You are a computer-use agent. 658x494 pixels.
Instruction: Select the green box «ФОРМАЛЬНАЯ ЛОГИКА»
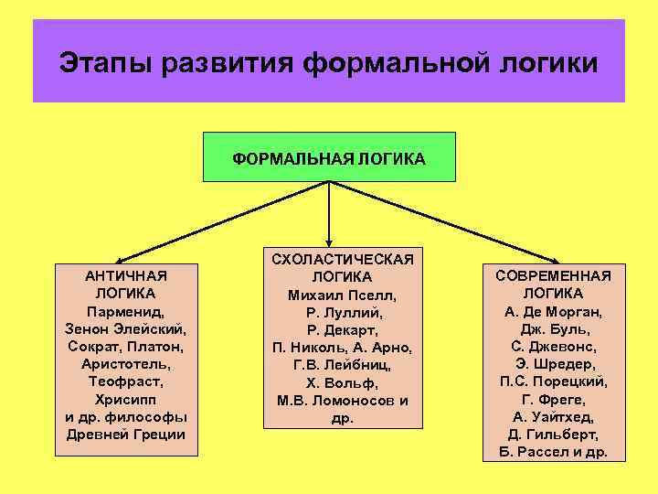(x=329, y=157)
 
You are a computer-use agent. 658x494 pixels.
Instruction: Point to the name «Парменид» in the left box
(x=125, y=311)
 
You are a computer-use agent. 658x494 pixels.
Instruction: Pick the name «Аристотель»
(x=125, y=364)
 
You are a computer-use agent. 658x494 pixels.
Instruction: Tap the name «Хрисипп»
(x=125, y=399)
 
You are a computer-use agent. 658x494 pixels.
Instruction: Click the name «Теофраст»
(x=125, y=381)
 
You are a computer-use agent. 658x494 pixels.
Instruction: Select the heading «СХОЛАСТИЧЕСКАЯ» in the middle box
(x=343, y=259)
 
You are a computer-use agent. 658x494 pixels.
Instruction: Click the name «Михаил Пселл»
(x=343, y=295)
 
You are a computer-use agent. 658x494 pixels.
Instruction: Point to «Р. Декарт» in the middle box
(x=343, y=329)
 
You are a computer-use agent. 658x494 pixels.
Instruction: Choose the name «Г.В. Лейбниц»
(x=343, y=365)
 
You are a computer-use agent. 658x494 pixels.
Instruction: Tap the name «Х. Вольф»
(x=343, y=382)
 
